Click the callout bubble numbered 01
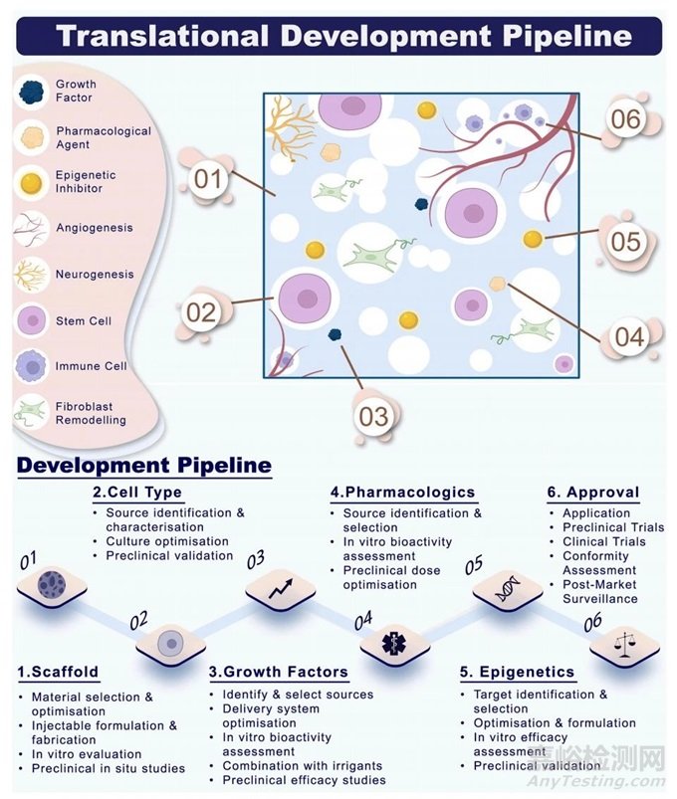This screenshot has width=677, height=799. coord(208,180)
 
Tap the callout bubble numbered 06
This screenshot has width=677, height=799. coord(626,119)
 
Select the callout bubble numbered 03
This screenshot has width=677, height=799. coord(373,415)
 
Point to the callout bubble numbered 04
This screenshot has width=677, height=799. coord(628,337)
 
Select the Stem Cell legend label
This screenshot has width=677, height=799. coord(84,321)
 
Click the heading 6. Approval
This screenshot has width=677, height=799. coord(593,493)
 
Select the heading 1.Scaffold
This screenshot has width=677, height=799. coord(58,672)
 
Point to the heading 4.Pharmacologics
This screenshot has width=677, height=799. coord(403,493)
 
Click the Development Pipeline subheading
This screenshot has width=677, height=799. coord(144,465)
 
